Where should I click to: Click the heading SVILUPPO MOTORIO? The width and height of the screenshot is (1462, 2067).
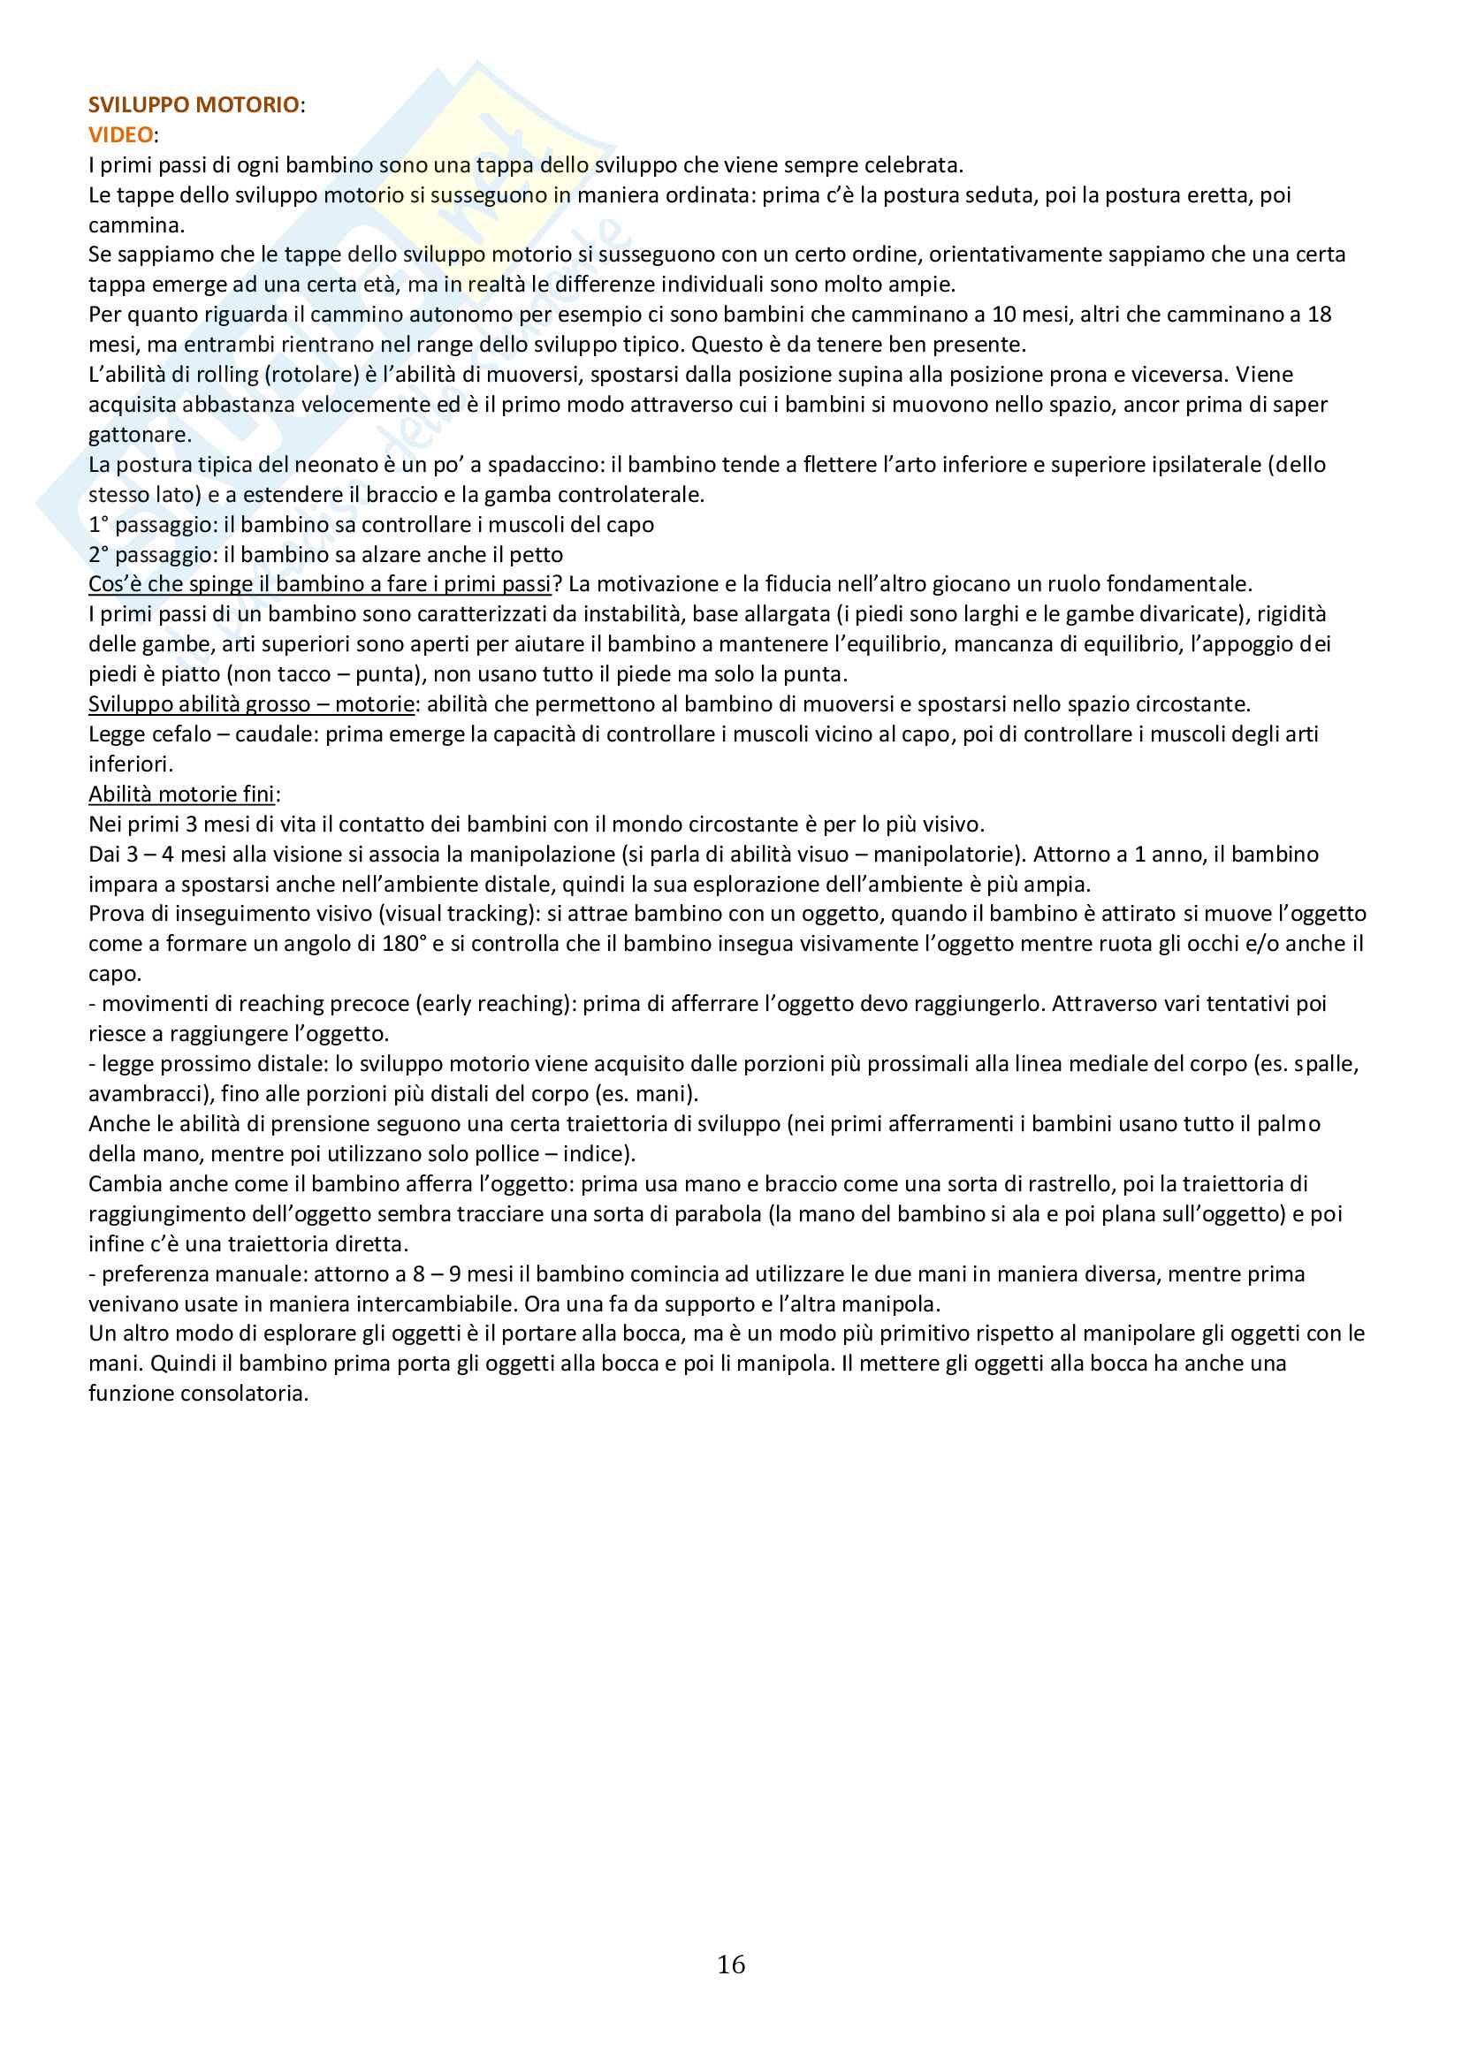coord(194,104)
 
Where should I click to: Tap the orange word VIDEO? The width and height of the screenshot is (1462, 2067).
coord(120,135)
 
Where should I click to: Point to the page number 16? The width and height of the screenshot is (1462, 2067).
coord(731,1964)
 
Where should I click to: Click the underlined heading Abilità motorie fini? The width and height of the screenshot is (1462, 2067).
coord(181,794)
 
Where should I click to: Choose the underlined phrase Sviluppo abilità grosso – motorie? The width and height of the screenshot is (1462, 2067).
coord(251,704)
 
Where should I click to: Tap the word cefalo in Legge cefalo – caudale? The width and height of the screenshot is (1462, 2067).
coord(177,733)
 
